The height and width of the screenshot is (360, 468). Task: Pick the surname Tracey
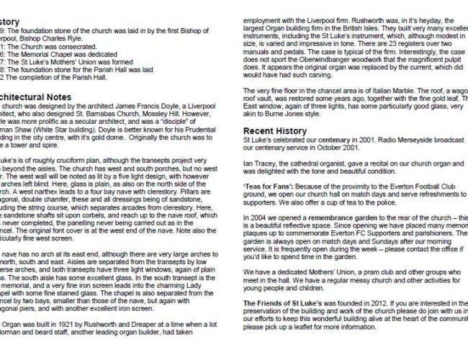pyautogui.click(x=262, y=164)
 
